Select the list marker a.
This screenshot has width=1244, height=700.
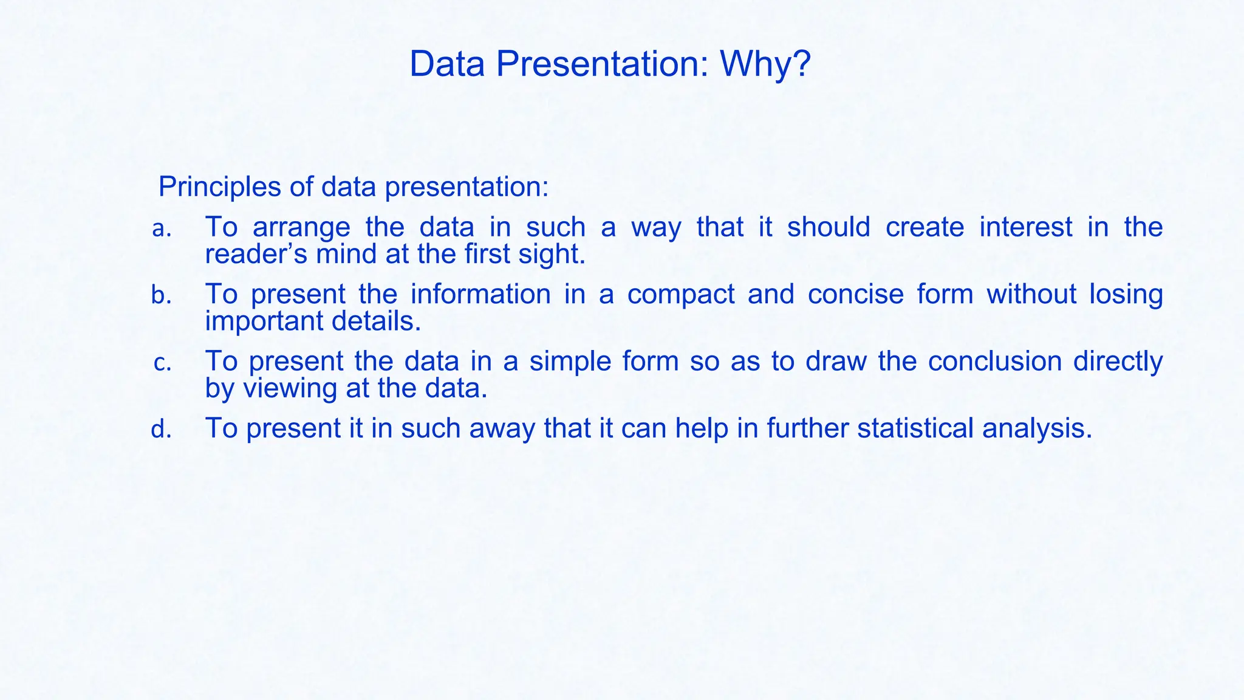[162, 229]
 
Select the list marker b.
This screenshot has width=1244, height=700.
[162, 296]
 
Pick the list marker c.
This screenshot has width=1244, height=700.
[162, 363]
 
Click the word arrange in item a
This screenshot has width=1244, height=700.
[301, 228]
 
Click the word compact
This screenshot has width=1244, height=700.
[681, 295]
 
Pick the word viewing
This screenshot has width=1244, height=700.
[289, 389]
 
